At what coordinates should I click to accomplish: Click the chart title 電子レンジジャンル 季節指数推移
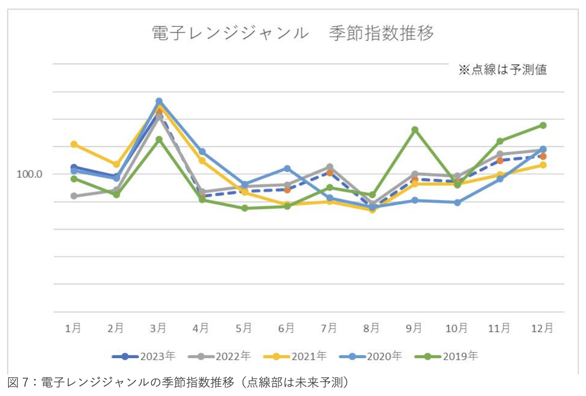pyautogui.click(x=292, y=34)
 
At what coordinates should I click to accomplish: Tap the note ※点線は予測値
pyautogui.click(x=502, y=70)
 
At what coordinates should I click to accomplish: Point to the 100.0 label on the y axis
pyautogui.click(x=29, y=174)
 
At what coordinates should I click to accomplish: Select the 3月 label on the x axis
pyautogui.click(x=158, y=328)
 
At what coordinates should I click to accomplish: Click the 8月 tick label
pyautogui.click(x=371, y=328)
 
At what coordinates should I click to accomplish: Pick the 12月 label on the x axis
pyautogui.click(x=543, y=328)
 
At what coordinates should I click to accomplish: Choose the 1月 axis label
pyautogui.click(x=74, y=328)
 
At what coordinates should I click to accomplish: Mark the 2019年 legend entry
pyautogui.click(x=446, y=356)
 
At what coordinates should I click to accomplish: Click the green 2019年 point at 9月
pyautogui.click(x=415, y=129)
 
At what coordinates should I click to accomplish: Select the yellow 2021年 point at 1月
pyautogui.click(x=74, y=144)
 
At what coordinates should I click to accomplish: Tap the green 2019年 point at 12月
pyautogui.click(x=543, y=125)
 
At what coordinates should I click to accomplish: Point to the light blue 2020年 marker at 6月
pyautogui.click(x=287, y=168)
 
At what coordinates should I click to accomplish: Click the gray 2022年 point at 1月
pyautogui.click(x=74, y=196)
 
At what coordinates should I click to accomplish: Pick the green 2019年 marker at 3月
pyautogui.click(x=159, y=139)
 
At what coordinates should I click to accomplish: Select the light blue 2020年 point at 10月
pyautogui.click(x=457, y=203)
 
